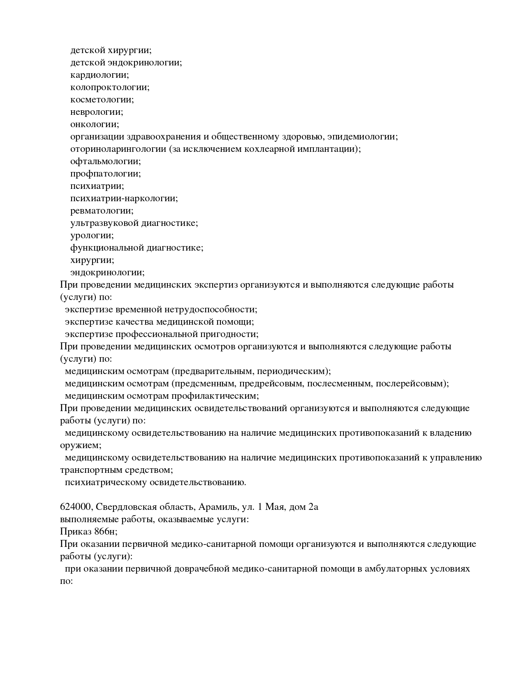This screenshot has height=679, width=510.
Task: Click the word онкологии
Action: [94, 124]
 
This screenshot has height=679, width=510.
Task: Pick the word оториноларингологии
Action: [118, 149]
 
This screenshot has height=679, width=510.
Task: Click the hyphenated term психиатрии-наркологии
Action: [124, 198]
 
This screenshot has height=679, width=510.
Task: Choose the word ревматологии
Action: [102, 211]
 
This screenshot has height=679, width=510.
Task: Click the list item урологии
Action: [92, 235]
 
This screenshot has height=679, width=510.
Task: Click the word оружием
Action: [80, 445]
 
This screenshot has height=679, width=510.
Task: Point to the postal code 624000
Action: [76, 507]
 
